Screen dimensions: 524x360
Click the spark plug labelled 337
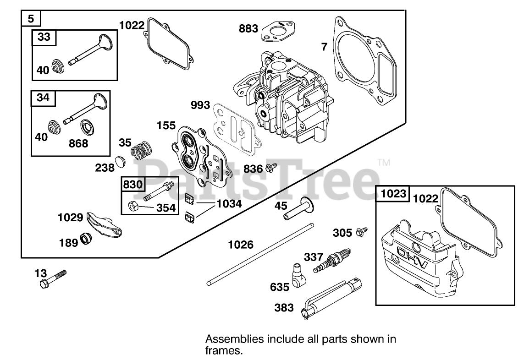(x=332, y=260)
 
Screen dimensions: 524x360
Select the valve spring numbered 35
(x=141, y=149)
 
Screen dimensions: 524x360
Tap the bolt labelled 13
(x=53, y=279)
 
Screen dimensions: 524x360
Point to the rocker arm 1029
(x=104, y=224)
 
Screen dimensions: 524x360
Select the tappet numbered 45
(x=299, y=209)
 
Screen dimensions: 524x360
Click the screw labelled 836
(x=271, y=167)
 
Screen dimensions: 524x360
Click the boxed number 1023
(x=393, y=194)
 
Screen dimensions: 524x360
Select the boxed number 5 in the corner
(x=31, y=18)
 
